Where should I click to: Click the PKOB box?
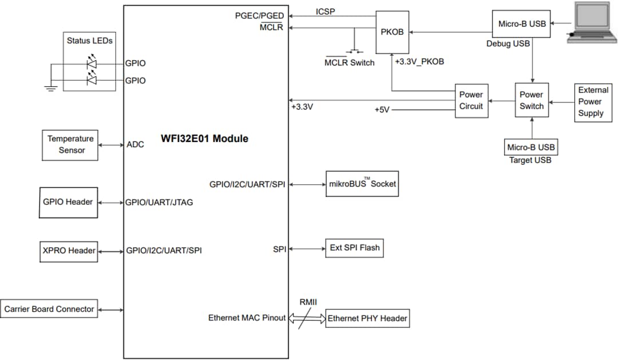[x=392, y=32]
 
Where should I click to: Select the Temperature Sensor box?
[x=71, y=145]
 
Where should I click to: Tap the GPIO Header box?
[x=68, y=202]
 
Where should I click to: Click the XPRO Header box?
[x=69, y=251]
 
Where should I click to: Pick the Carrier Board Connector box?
[x=49, y=309]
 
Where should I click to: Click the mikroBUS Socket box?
[x=362, y=184]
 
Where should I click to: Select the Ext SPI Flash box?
[x=354, y=248]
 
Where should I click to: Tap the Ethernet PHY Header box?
[x=367, y=319]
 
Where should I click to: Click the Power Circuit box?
[x=472, y=101]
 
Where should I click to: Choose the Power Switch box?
[x=532, y=101]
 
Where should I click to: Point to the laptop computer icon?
[x=593, y=22]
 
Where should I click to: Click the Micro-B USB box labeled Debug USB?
[x=521, y=24]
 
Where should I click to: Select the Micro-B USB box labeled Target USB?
[x=530, y=147]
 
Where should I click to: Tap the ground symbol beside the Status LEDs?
[x=50, y=88]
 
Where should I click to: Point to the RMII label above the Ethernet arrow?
[x=310, y=302]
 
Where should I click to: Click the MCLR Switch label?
[x=349, y=62]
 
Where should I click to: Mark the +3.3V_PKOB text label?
[x=419, y=61]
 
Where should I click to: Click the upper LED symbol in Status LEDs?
[x=92, y=62]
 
